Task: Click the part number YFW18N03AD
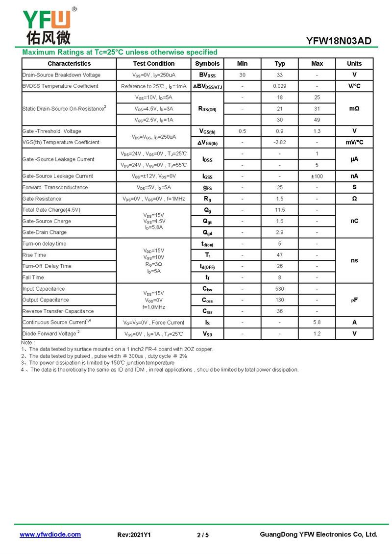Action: [x=339, y=41]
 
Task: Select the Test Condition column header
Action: [x=153, y=64]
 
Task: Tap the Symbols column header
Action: [x=207, y=64]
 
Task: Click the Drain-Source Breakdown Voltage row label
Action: [x=61, y=75]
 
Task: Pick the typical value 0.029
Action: [x=280, y=86]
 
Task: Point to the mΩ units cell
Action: [x=354, y=108]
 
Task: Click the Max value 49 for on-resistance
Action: [x=317, y=120]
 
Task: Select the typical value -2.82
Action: [x=280, y=142]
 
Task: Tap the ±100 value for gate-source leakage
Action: [x=317, y=176]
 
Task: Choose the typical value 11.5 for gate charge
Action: [x=280, y=210]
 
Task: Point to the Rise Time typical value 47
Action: [x=280, y=255]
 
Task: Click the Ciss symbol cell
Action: [x=207, y=289]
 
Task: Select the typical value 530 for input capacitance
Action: [x=280, y=289]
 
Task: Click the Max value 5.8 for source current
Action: [x=317, y=323]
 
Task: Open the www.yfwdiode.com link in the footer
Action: [x=50, y=534]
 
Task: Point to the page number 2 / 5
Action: [x=202, y=535]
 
